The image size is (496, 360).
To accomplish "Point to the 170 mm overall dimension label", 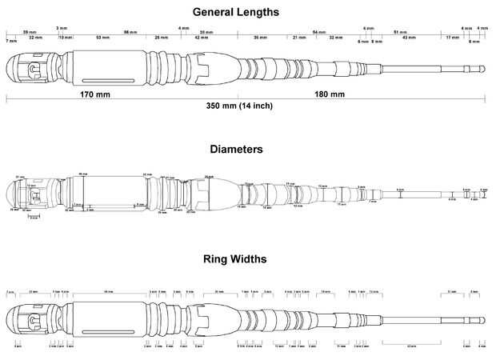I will click(95, 94).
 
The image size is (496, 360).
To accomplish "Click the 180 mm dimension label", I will click(330, 94).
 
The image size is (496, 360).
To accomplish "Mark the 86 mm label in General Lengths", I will click(128, 31).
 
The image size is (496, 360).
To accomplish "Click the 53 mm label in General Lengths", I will click(103, 38).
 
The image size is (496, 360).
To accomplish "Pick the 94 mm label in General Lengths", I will click(318, 31).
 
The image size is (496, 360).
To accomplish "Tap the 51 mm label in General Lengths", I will click(398, 31).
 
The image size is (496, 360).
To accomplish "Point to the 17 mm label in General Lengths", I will click(452, 38).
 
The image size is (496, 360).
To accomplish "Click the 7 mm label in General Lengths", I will click(11, 40).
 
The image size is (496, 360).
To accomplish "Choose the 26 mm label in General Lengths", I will click(162, 38).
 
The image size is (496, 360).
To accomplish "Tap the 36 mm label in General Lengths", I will click(262, 38).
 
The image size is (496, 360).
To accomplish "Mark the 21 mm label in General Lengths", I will click(299, 38).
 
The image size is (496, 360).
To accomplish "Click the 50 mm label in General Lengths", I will click(206, 31).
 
